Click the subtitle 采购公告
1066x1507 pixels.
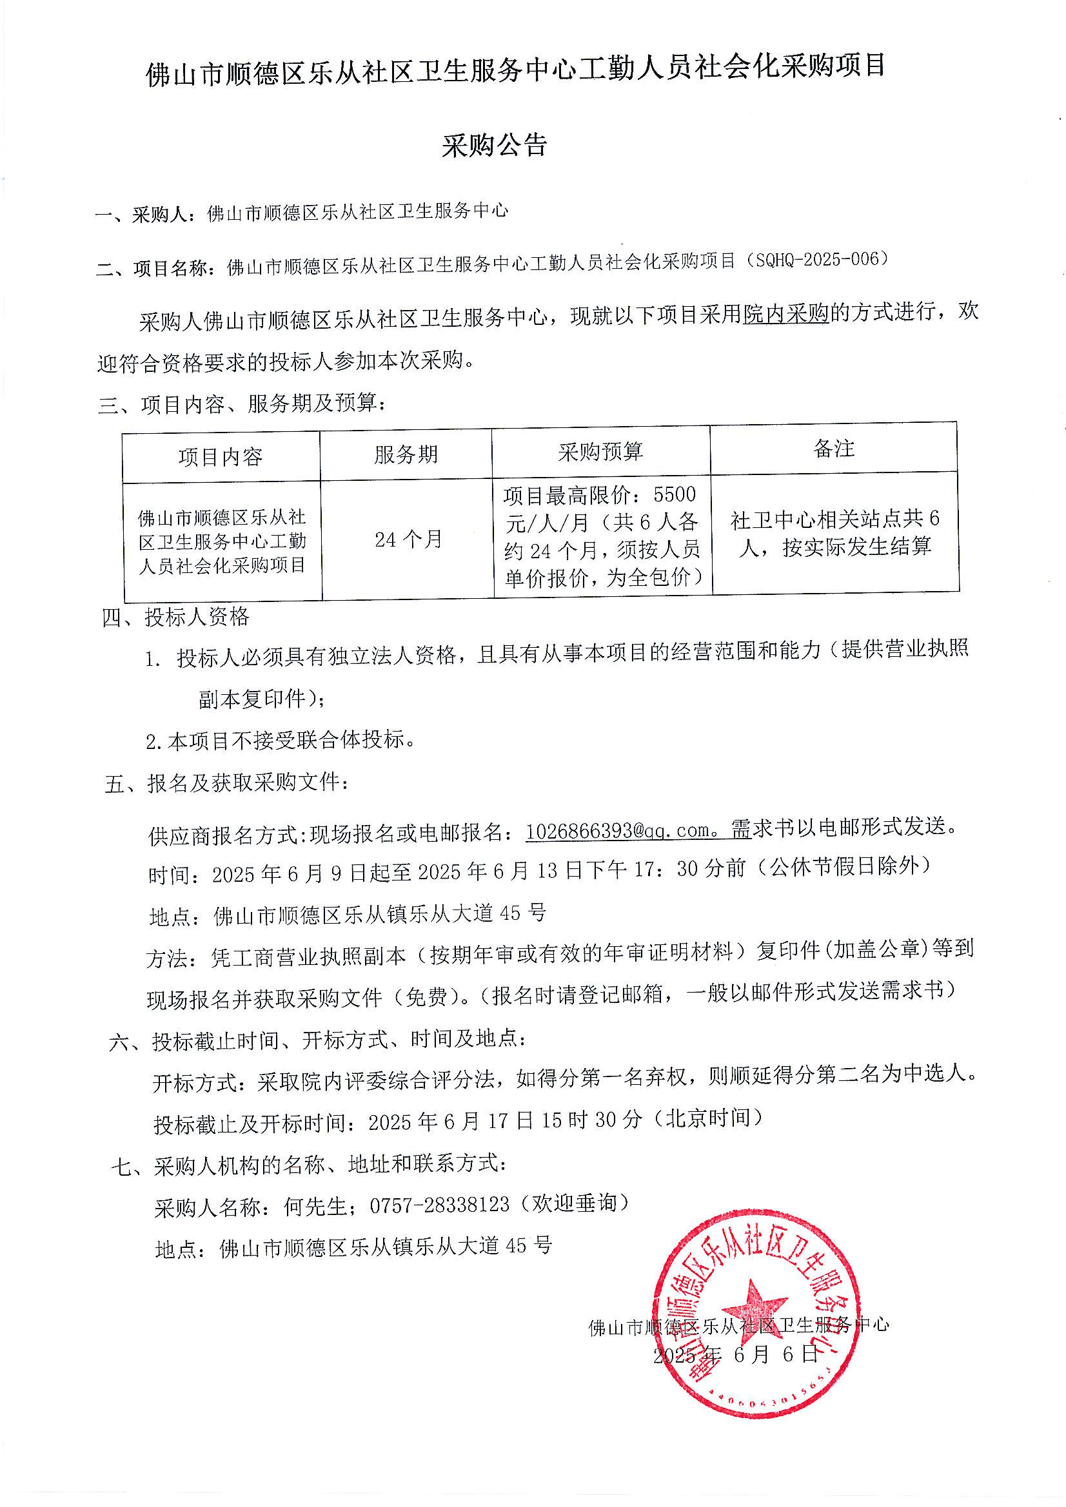[x=494, y=146]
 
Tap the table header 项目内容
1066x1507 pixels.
[x=221, y=456]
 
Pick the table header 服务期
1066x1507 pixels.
[x=406, y=454]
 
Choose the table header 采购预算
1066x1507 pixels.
[x=600, y=452]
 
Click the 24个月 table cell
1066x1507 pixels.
[x=408, y=540]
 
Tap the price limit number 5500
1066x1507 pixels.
[x=675, y=494]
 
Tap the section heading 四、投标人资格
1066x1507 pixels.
[x=176, y=617]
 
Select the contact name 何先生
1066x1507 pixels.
[x=315, y=1205]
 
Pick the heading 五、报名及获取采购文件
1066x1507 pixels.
[x=226, y=783]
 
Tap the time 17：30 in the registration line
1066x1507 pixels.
[x=666, y=869]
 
